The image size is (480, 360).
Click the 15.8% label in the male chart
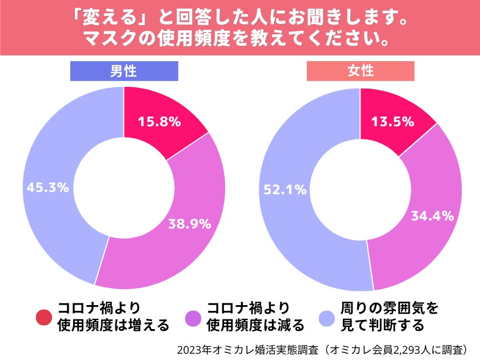pos(159,121)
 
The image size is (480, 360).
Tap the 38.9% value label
pos(189,224)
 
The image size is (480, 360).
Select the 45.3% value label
pos(48,187)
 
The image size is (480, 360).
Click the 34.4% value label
pos(433,216)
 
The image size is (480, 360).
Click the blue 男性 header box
pos(124,71)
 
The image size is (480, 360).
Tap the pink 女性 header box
pos(361,71)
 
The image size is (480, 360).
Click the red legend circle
pos(44,317)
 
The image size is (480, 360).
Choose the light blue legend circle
pos(327,317)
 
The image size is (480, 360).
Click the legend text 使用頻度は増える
pos(113,326)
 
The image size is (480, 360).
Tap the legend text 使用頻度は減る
pos(255,326)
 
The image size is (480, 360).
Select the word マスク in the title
pos(107,40)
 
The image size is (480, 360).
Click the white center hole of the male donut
pos(124,187)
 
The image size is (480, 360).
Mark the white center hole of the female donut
pos(360,189)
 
